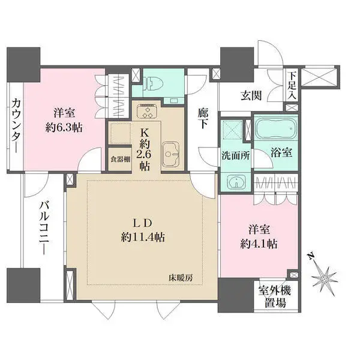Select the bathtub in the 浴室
tap(274, 129)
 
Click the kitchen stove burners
tap(146, 112)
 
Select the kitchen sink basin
tap(171, 152)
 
